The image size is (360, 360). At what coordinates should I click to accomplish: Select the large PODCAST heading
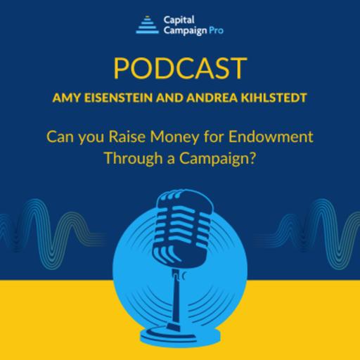tap(180, 68)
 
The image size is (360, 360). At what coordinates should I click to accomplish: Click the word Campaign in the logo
tap(184, 31)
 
